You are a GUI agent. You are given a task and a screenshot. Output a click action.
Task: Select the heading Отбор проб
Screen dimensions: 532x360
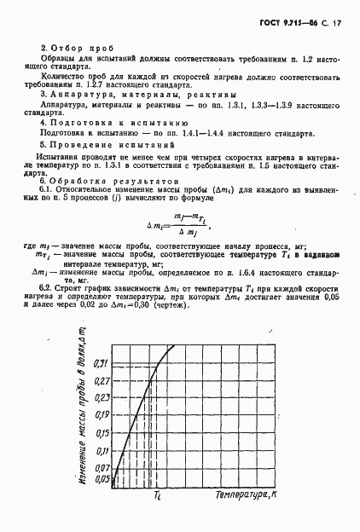click(78, 49)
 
